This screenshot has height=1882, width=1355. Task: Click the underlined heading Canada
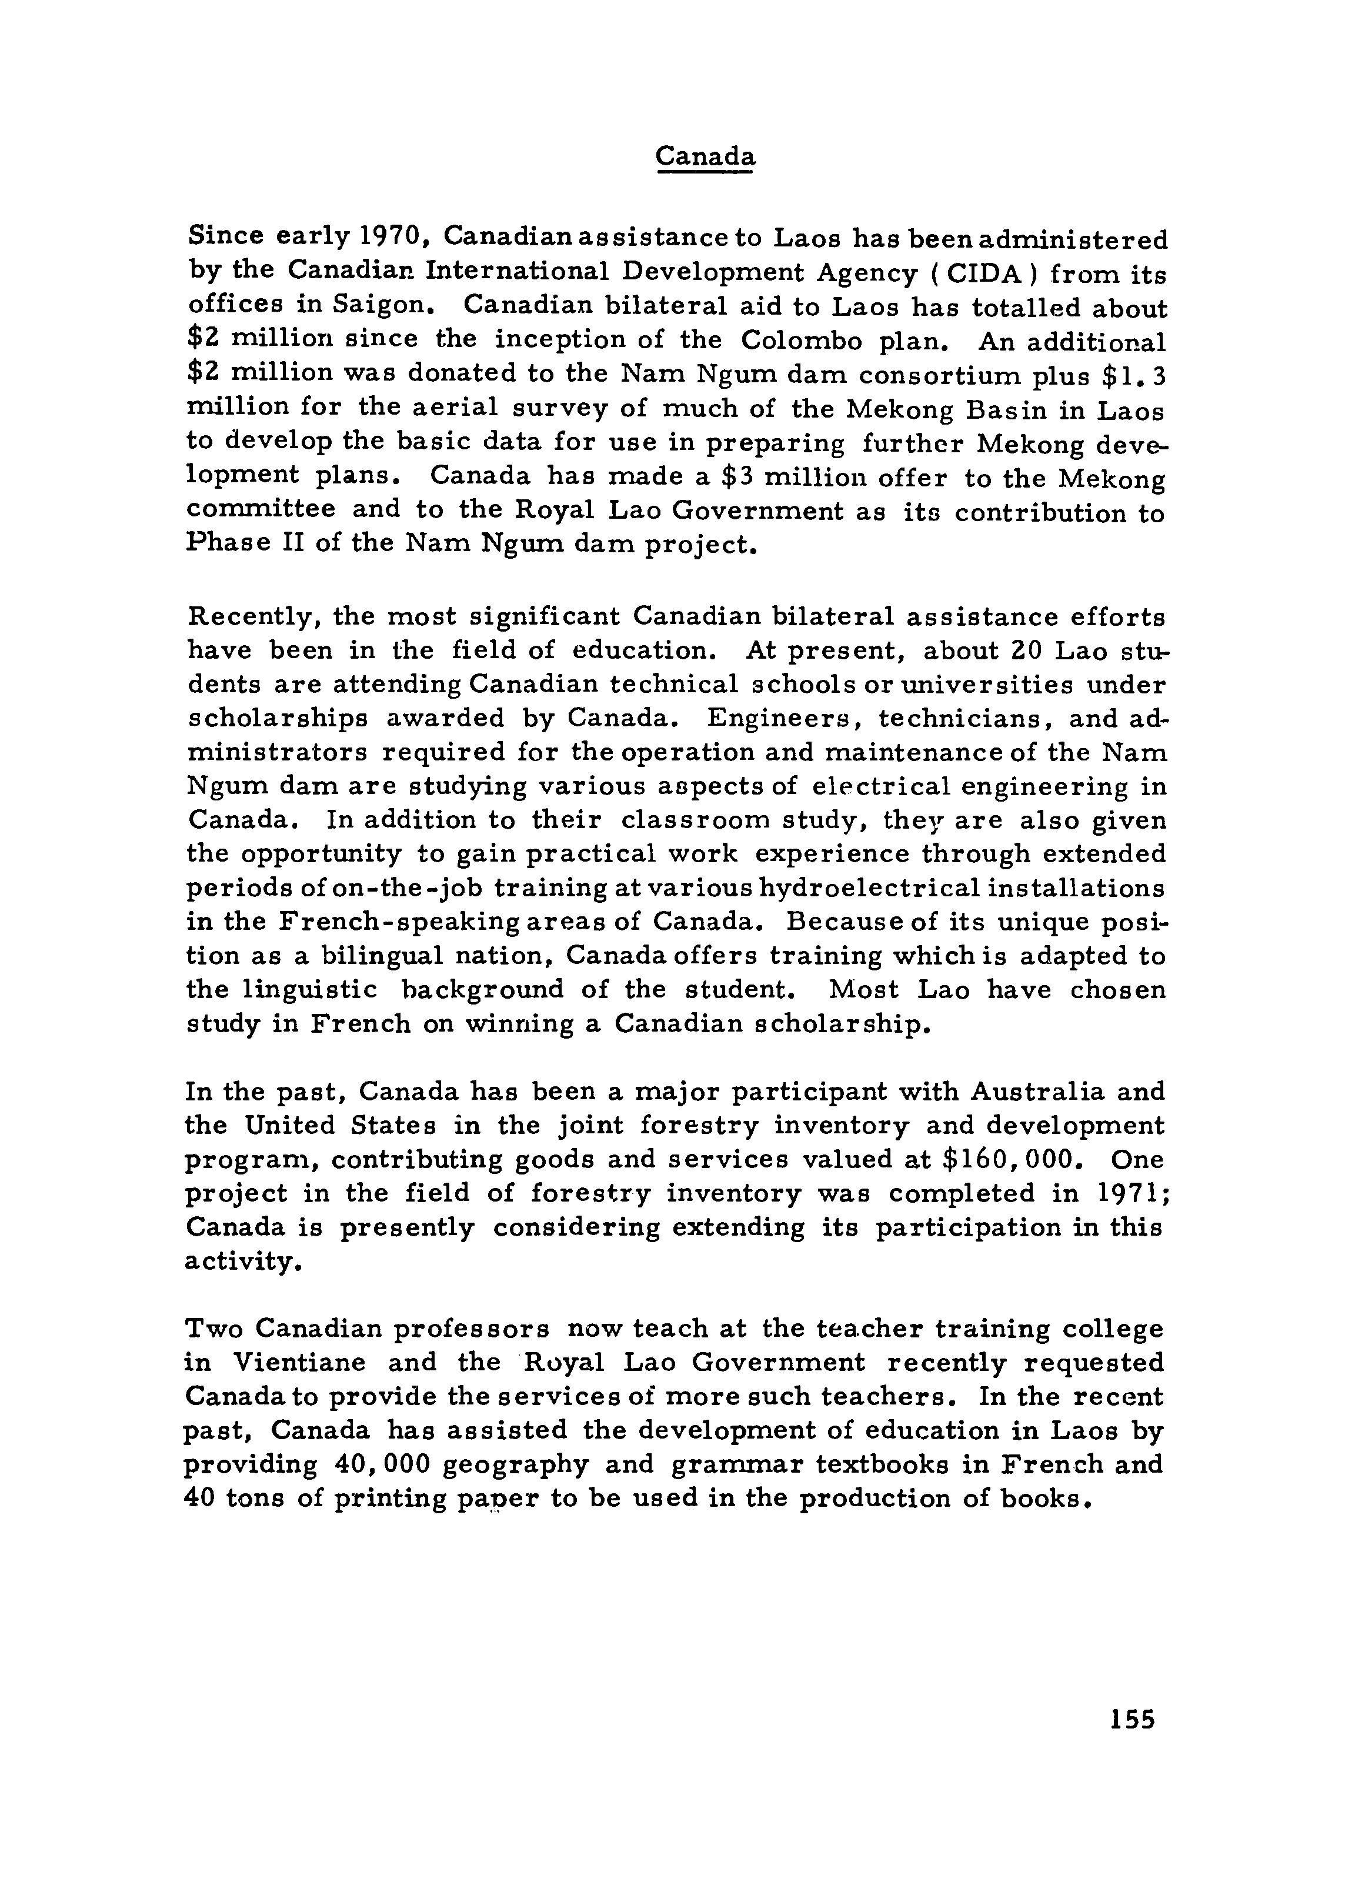(705, 156)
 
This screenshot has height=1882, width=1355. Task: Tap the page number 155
(1132, 1718)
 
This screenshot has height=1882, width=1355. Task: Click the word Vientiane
(299, 1363)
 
